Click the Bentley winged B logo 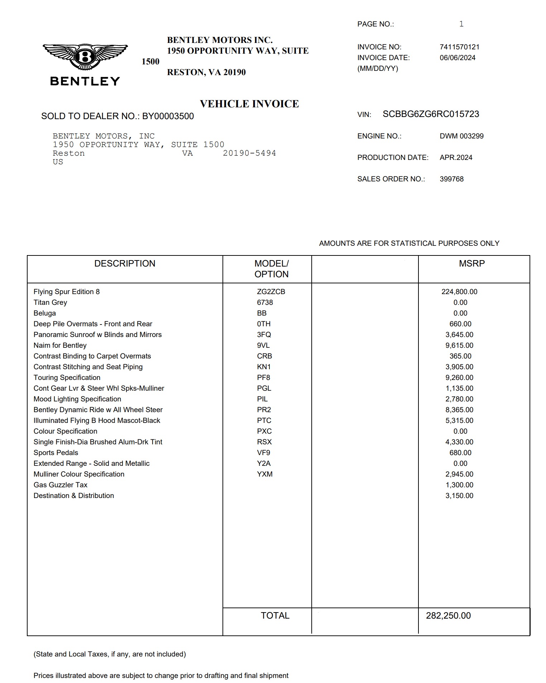(85, 57)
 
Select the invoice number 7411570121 (459, 47)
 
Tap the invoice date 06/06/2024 (458, 58)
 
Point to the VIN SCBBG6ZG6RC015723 (431, 114)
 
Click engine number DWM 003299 (461, 136)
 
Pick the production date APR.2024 (456, 157)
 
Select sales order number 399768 (451, 179)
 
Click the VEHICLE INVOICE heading (249, 104)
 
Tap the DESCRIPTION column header (125, 264)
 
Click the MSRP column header (471, 264)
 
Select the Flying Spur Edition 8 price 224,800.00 (459, 292)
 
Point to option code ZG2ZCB (271, 292)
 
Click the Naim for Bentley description (60, 345)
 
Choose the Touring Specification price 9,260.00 (459, 377)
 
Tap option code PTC (264, 420)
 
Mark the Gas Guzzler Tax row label (61, 485)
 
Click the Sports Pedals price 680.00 (460, 453)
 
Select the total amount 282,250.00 (448, 616)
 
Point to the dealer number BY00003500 (168, 116)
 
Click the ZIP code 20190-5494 (249, 153)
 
